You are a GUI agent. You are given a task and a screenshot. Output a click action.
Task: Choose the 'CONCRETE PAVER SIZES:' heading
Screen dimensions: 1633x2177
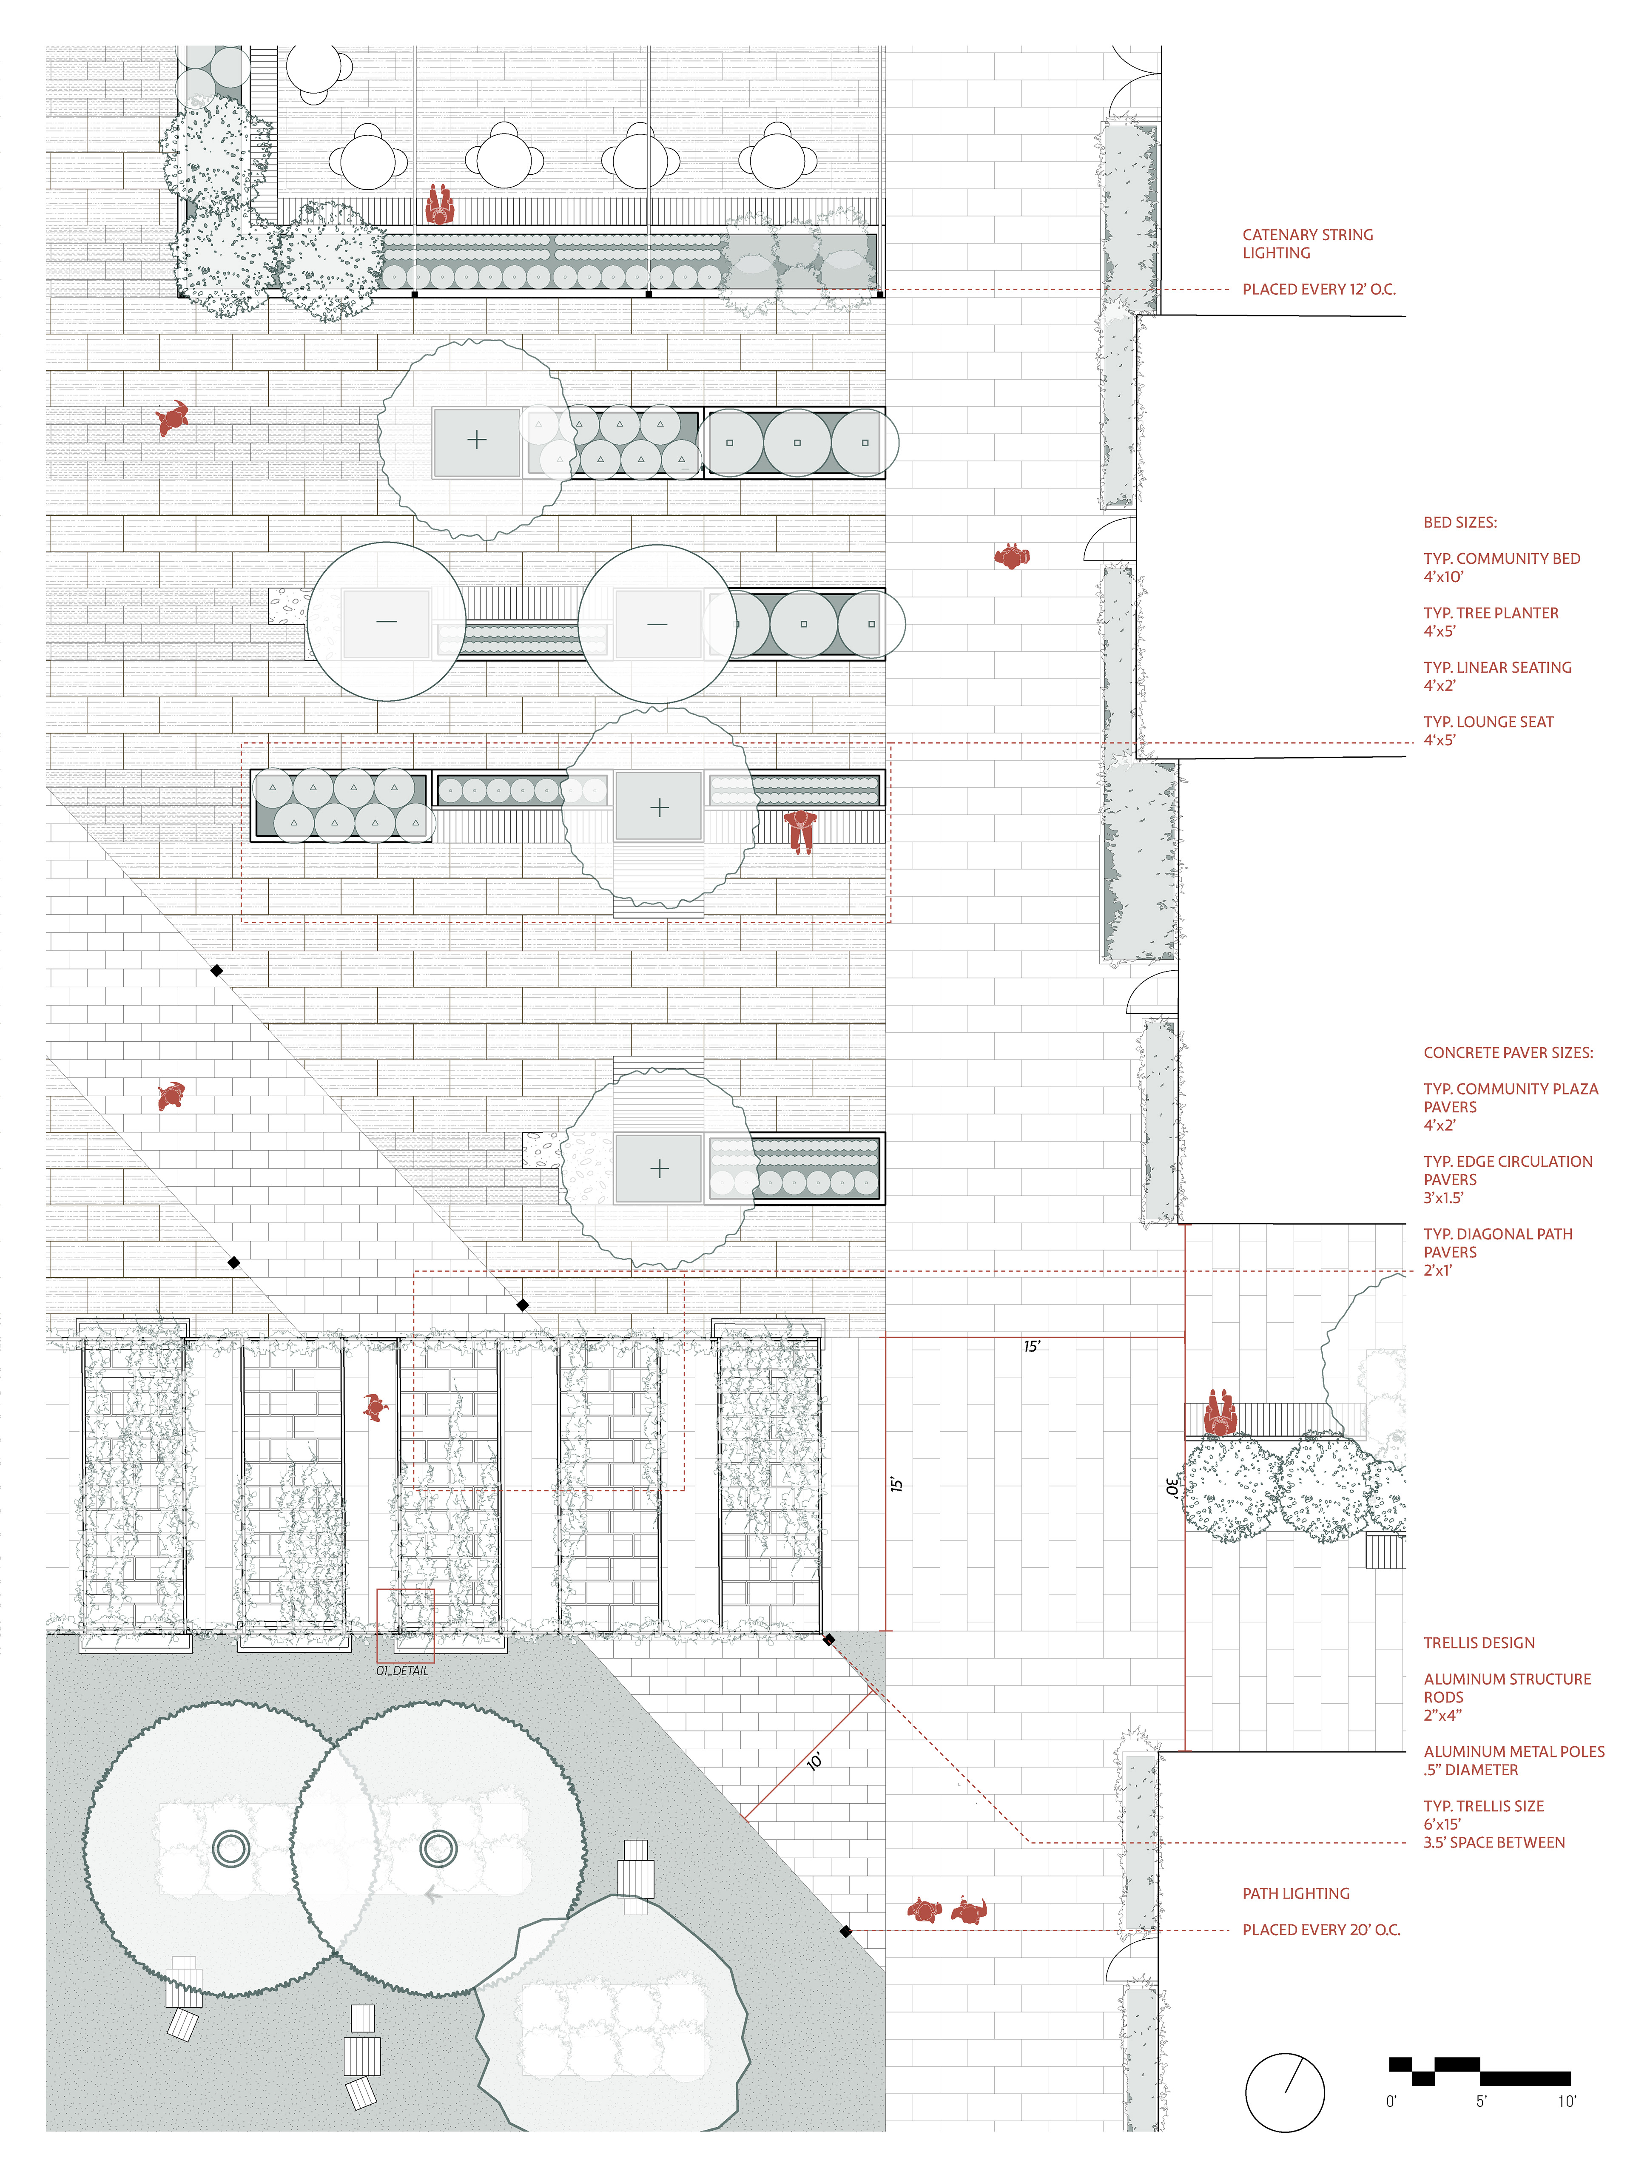1507,1052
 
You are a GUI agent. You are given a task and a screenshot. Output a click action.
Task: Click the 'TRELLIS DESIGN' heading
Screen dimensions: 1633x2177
1479,1643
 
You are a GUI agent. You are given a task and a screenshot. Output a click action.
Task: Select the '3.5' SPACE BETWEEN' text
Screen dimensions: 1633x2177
1493,1842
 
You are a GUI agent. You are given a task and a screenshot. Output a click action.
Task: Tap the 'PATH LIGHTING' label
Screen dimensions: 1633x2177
1295,1893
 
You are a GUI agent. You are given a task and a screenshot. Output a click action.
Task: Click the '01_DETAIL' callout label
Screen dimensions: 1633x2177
401,1670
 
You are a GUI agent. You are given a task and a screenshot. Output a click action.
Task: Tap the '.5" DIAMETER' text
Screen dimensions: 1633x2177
1471,1770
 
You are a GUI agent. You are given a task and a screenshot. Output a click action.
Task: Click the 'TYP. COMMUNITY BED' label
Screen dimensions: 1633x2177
1501,558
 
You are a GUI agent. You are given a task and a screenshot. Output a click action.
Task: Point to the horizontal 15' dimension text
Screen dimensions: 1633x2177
1030,1346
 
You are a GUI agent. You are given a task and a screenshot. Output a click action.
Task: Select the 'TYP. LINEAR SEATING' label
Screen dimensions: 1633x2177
1497,667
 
